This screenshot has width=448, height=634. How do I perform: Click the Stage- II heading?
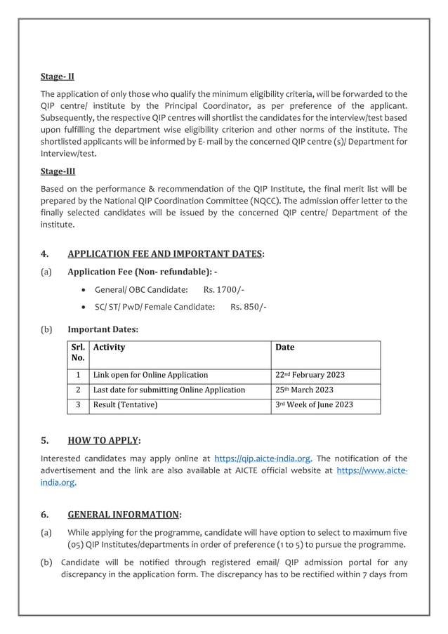pos(58,76)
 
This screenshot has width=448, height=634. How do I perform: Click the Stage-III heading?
pos(58,171)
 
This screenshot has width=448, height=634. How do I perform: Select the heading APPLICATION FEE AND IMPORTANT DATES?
pos(166,253)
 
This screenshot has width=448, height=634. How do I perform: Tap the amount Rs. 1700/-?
pos(223,289)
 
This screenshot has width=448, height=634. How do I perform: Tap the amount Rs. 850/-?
pos(248,306)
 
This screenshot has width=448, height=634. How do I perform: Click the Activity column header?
pos(110,347)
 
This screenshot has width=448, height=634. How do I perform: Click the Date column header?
pos(285,347)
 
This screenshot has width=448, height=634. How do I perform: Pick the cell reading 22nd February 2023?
pos(310,375)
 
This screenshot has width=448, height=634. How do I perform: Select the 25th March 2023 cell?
pos(304,390)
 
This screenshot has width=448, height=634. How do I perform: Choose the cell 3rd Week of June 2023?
pos(314,405)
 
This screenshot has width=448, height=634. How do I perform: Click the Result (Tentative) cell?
pos(126,405)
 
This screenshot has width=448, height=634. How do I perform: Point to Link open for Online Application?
pos(150,375)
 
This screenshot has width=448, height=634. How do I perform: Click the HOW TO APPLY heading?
pos(104,441)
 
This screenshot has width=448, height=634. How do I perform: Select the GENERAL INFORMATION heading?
pos(124,514)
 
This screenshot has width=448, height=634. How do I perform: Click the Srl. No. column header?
pos(78,352)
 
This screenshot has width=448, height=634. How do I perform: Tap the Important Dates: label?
pos(103,329)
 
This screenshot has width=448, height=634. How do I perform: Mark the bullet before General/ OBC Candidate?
pos(85,290)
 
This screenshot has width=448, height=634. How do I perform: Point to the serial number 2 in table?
pos(78,390)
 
